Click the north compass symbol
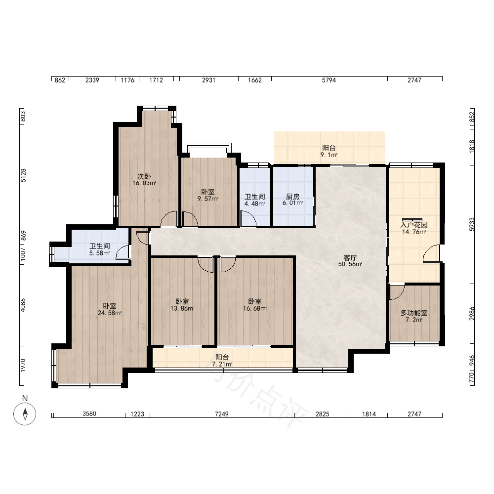tap(25, 413)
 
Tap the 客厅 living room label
tap(350, 258)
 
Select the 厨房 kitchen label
tap(292, 197)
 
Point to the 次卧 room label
tap(144, 176)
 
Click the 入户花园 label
tap(414, 225)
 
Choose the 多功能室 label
tap(414, 313)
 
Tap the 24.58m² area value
tap(110, 313)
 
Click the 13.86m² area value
tap(182, 308)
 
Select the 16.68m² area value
tap(255, 308)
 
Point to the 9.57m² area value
tap(207, 199)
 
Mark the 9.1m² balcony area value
tap(329, 155)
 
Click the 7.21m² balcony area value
tap(222, 364)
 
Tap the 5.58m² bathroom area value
tap(100, 253)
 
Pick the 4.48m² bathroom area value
tap(254, 204)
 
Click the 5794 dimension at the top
tap(329, 81)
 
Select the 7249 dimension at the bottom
tap(222, 414)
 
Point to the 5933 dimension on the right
tap(472, 224)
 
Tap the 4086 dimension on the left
tap(23, 306)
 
